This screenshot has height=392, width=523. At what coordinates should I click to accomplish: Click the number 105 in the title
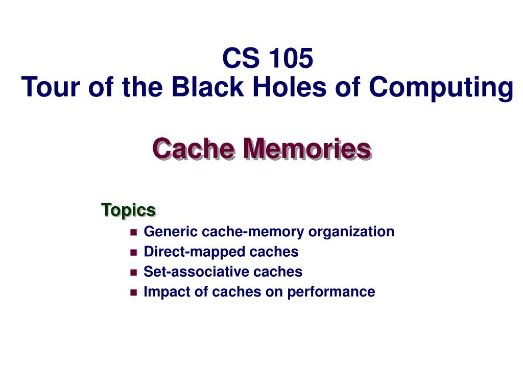[291, 58]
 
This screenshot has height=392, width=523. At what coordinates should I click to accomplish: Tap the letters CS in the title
[241, 58]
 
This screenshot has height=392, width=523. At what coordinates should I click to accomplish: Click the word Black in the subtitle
[208, 87]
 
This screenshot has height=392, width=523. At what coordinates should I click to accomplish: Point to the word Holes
[290, 87]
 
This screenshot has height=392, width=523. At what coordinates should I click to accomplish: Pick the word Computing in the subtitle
[441, 88]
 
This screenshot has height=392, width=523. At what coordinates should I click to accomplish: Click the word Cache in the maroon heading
[194, 149]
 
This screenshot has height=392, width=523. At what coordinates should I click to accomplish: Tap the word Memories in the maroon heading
[307, 149]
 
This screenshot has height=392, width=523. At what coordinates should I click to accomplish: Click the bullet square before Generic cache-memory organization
[134, 232]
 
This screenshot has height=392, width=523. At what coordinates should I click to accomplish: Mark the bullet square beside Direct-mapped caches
[134, 252]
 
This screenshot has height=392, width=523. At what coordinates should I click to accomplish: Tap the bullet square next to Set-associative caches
[134, 273]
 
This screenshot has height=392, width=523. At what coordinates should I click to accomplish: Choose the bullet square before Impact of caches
[134, 292]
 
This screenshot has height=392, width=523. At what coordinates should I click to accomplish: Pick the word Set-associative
[197, 272]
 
